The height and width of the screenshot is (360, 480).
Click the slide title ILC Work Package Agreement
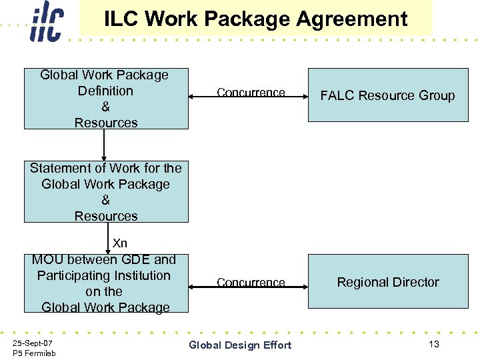(255, 19)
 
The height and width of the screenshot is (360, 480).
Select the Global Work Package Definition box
(106, 99)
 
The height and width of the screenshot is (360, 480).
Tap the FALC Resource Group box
(387, 96)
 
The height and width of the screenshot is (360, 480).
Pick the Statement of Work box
(106, 192)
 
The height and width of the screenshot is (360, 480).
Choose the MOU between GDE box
(106, 283)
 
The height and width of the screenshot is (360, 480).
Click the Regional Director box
(387, 282)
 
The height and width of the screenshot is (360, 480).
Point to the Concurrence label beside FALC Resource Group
(251, 93)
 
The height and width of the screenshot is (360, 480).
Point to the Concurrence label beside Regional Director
(251, 283)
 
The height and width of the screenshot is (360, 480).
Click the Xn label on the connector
(120, 243)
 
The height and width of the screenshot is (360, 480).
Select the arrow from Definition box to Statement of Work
(105, 145)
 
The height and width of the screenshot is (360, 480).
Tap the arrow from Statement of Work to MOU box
(109, 238)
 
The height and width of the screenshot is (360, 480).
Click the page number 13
(434, 344)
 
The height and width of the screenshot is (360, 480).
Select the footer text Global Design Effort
(240, 345)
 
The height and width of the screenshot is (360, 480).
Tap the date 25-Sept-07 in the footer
(33, 342)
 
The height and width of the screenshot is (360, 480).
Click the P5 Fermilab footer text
(34, 353)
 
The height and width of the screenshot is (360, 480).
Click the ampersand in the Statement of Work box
(105, 200)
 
